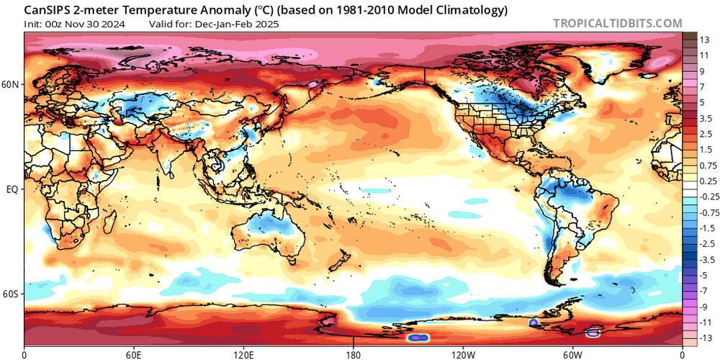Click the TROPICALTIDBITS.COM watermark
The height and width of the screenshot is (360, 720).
tap(617, 23)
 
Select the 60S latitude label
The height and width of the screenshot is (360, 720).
tap(12, 294)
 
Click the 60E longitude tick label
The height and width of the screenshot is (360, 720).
tap(133, 354)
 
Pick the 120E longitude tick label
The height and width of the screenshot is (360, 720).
tap(243, 354)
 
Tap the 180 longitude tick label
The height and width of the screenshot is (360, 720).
tap(354, 354)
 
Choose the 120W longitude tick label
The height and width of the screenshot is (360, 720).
tap(463, 354)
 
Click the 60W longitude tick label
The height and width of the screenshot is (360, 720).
tap(572, 354)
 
